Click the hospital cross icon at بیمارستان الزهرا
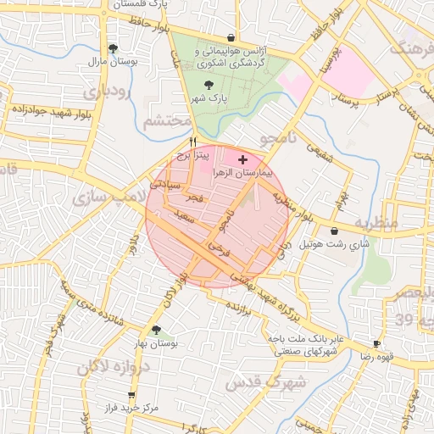coord(243,159)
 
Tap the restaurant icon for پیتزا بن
coord(193,142)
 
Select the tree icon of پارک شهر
coord(209,84)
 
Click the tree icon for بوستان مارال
coord(113,48)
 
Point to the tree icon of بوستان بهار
coord(156,330)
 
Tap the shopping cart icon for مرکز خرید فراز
coord(131,396)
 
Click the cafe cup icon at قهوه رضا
coord(376,344)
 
